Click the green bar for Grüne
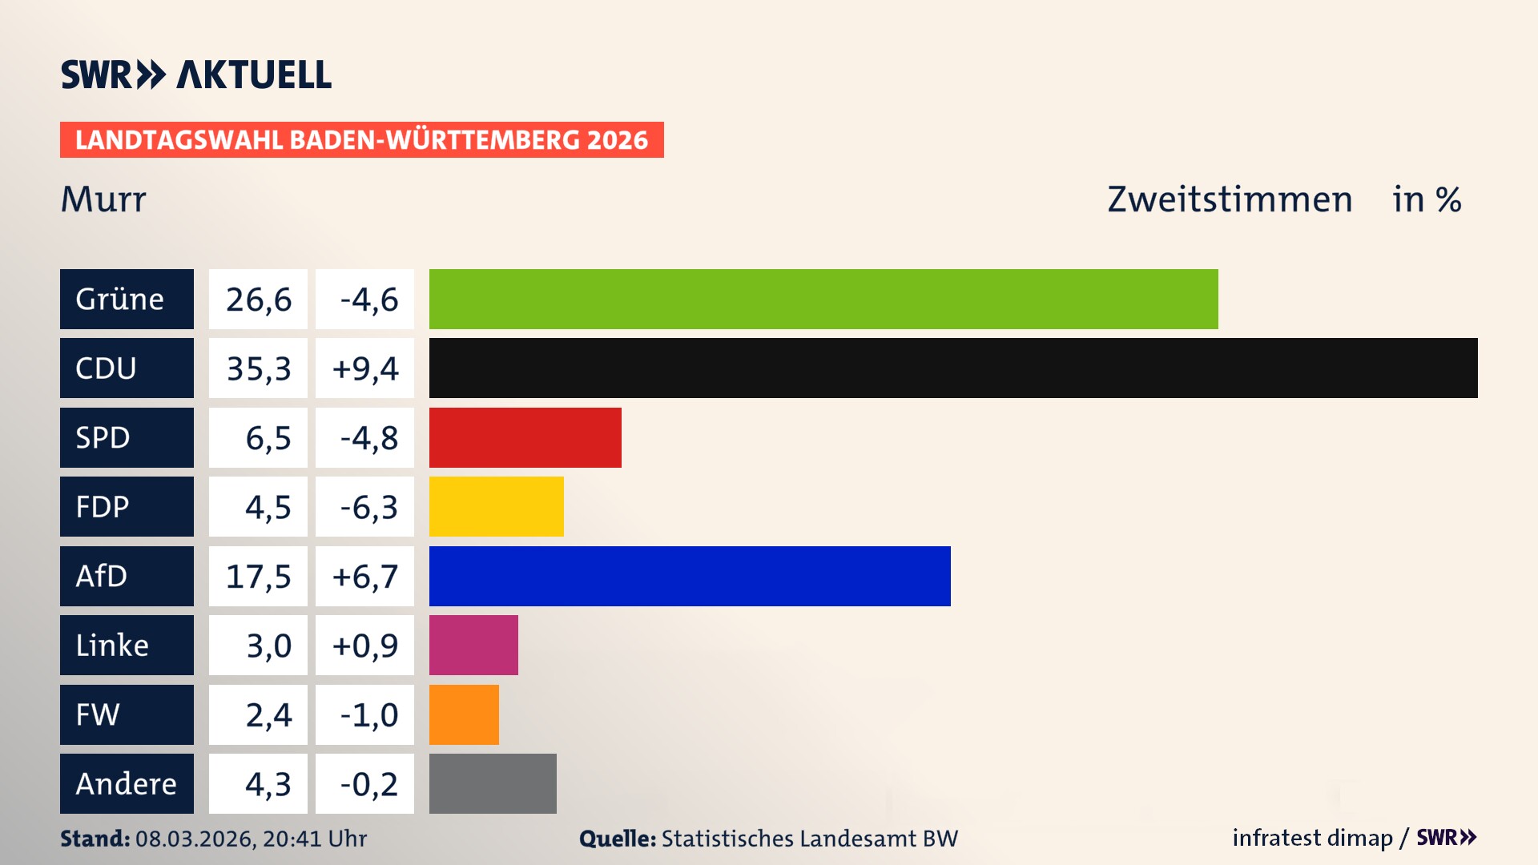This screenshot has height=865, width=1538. [823, 299]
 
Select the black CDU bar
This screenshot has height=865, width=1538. [953, 368]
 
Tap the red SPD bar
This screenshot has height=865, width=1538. [525, 437]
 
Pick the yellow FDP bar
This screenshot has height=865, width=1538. [496, 506]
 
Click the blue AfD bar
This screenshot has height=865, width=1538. [690, 576]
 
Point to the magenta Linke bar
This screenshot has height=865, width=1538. [473, 645]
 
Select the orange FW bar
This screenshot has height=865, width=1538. [464, 714]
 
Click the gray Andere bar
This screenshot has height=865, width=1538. [493, 783]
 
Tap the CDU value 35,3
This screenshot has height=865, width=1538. [258, 368]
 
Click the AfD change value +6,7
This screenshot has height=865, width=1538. [364, 577]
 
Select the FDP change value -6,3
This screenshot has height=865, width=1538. [368, 507]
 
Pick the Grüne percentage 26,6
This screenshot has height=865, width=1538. [258, 300]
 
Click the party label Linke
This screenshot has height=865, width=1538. [112, 646]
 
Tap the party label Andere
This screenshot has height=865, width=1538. [126, 783]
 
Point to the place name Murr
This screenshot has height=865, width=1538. [103, 199]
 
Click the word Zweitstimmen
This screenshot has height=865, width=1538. [1230, 199]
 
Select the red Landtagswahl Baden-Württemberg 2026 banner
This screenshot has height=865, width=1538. [361, 140]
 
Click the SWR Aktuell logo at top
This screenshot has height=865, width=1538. [195, 74]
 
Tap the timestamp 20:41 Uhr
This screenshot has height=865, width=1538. [314, 839]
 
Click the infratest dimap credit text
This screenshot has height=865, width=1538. [1312, 838]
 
